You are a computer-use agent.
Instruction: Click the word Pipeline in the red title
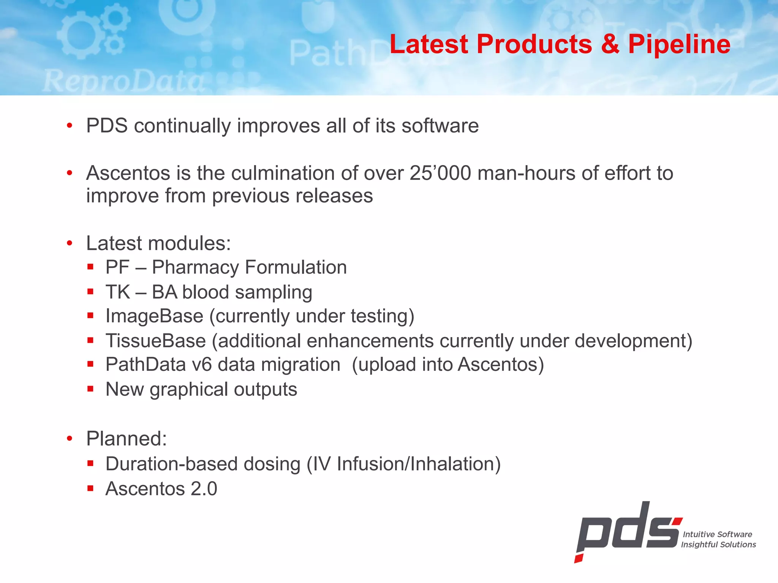[x=679, y=44]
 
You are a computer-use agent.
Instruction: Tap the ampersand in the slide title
[x=610, y=44]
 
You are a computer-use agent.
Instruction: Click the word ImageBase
[x=154, y=316]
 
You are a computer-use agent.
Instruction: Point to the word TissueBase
[x=156, y=341]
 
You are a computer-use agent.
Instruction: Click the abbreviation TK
[x=118, y=292]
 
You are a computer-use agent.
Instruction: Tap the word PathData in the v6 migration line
[x=146, y=365]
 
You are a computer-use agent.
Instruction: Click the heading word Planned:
[x=127, y=439]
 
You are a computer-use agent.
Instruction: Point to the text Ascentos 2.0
[x=161, y=488]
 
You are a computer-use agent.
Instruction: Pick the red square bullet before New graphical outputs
[x=90, y=389]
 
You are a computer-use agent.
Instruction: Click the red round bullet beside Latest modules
[x=69, y=243]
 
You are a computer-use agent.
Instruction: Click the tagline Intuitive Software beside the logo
[x=717, y=534]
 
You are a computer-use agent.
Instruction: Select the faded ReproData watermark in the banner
[x=123, y=82]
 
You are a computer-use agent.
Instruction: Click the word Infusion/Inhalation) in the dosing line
[x=419, y=464]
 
